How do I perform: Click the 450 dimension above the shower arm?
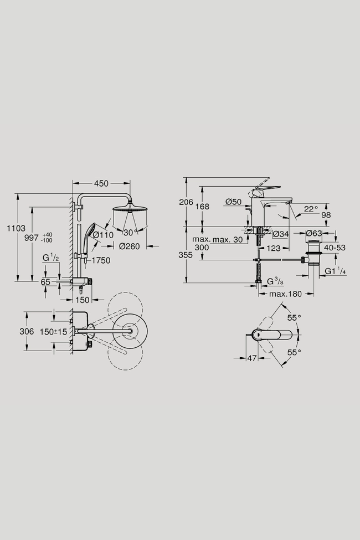(x=101, y=183)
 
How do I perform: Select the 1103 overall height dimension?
(x=16, y=228)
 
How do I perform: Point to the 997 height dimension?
(x=32, y=238)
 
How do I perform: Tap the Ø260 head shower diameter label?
(x=130, y=246)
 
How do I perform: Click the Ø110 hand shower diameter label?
(x=103, y=235)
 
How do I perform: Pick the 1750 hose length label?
(x=101, y=261)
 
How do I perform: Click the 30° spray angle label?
(x=130, y=233)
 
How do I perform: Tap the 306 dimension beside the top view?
(x=27, y=331)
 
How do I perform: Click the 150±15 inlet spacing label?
(x=53, y=332)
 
